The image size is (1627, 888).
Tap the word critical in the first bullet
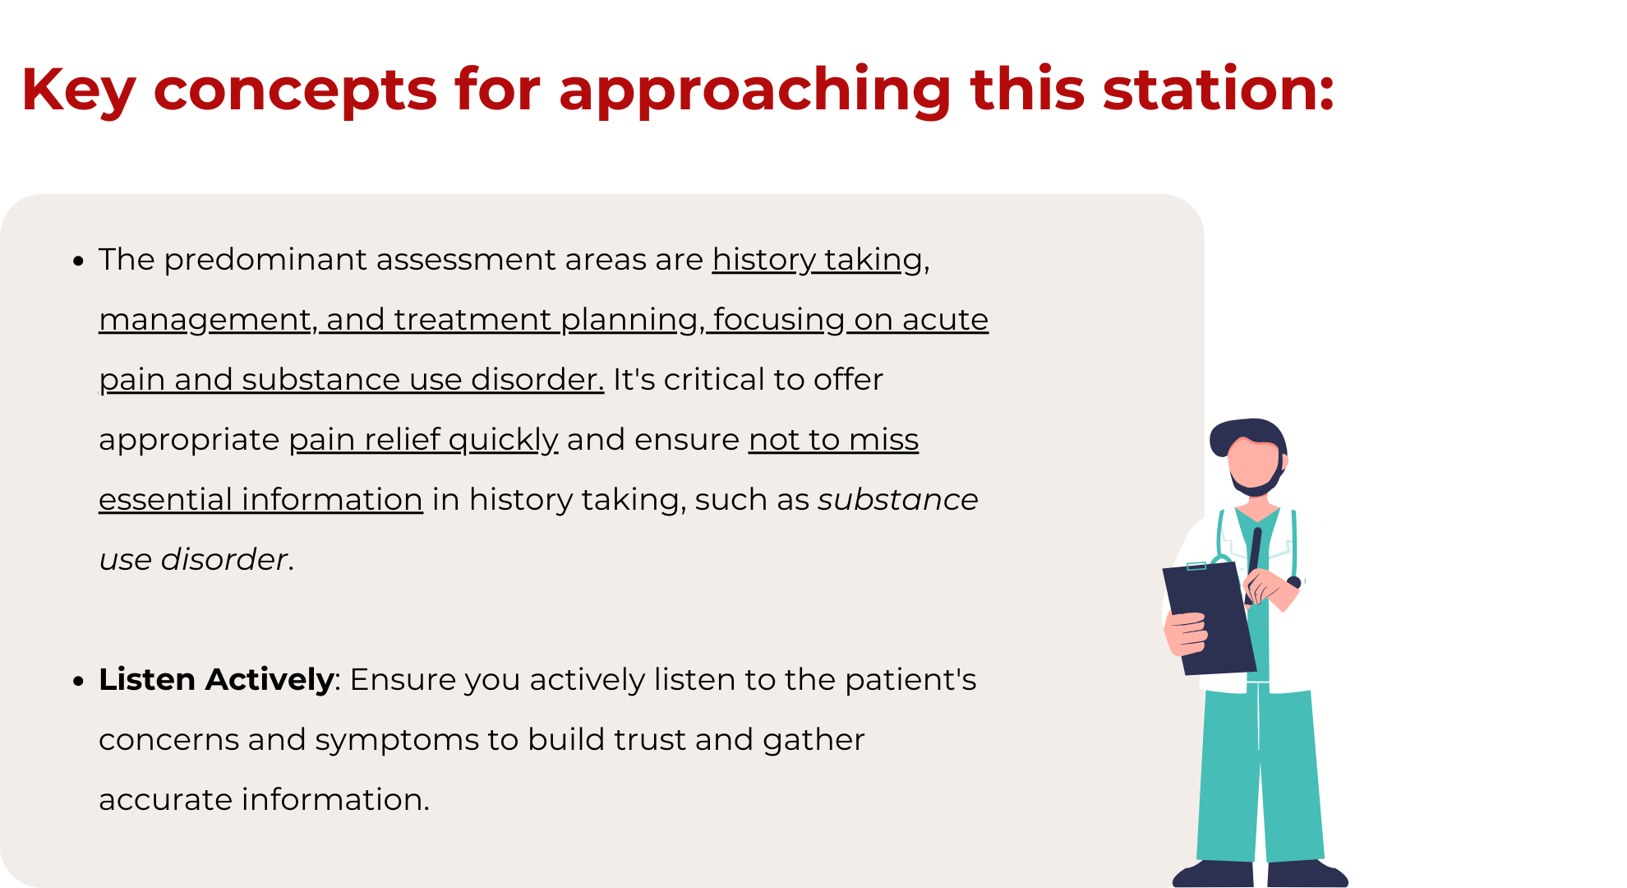tap(714, 380)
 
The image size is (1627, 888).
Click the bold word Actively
tap(270, 681)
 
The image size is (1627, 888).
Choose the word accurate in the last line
tap(165, 800)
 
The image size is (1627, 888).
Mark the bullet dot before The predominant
tap(78, 261)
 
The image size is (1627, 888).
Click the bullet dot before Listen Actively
tap(78, 682)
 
